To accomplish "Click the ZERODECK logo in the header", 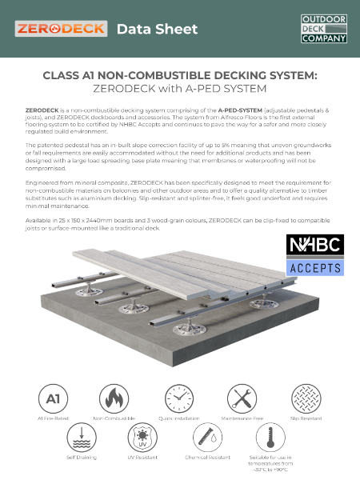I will point(61,29).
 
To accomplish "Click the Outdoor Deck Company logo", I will point(323,28).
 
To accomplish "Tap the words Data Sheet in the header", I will point(157,30).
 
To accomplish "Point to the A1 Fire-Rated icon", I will point(52,398).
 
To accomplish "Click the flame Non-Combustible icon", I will point(114,398).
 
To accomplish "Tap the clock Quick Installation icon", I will point(179,398).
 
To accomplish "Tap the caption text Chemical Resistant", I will point(211,458).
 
